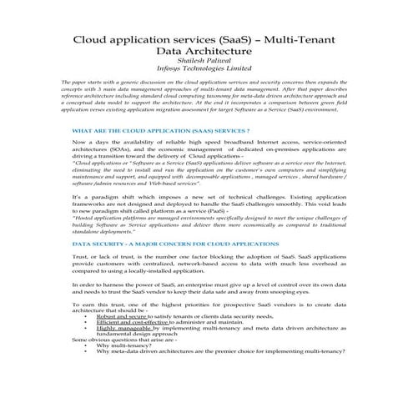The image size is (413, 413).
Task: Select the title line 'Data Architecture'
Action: click(x=206, y=53)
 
